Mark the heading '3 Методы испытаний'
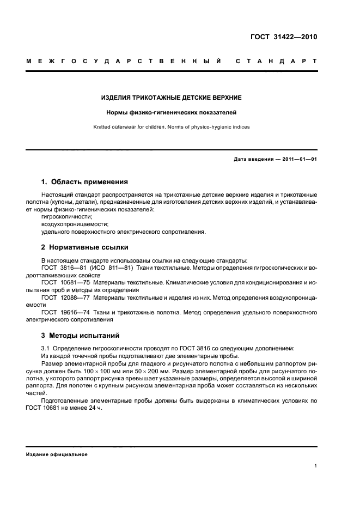click(x=80, y=335)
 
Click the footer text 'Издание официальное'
click(x=57, y=454)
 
